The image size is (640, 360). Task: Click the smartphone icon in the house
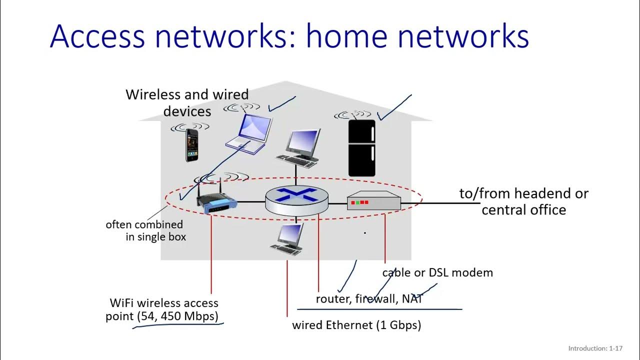[192, 145]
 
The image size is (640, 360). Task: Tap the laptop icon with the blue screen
[248, 132]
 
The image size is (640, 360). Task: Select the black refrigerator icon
[361, 148]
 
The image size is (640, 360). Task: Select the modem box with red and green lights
[374, 202]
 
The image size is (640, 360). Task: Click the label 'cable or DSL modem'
[437, 272]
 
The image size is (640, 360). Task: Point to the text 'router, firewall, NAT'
[369, 299]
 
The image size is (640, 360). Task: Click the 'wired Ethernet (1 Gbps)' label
[356, 325]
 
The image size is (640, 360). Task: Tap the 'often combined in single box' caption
[145, 230]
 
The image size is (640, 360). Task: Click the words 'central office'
[523, 209]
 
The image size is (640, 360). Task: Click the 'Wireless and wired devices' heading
[187, 102]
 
